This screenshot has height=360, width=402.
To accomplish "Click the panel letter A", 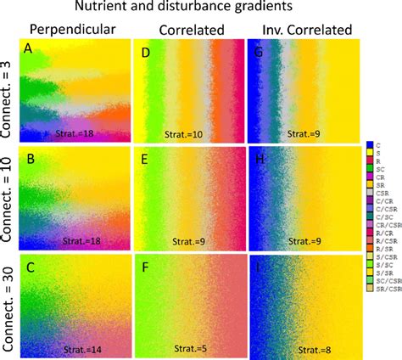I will click(28, 51).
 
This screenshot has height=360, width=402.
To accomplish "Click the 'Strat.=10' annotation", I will click(187, 133).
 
